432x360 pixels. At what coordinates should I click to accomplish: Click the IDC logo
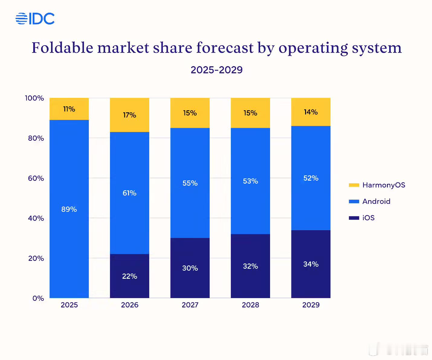pos(35,19)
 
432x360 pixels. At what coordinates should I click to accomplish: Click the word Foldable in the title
pos(63,48)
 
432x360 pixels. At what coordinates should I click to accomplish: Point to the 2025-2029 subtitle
pos(217,70)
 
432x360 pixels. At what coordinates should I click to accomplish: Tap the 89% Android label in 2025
pos(69,209)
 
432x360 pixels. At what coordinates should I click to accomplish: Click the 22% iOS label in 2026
pos(130,276)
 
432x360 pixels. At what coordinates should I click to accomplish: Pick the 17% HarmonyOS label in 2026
pos(130,115)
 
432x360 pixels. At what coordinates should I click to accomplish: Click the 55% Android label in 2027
pos(190,183)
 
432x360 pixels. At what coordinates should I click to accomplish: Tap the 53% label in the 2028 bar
pos(250,181)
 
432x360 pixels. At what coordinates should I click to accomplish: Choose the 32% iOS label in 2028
pos(250,266)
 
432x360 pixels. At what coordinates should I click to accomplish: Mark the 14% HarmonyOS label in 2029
pos(311,112)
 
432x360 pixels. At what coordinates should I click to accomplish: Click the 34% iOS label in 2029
pos(311,264)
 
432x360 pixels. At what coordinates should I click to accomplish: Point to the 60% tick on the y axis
pos(36,178)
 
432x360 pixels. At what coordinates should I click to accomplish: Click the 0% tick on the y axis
pos(38,298)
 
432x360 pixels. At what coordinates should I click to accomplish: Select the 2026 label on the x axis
pos(130,305)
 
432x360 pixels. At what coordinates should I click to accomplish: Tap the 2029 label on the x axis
pos(311,305)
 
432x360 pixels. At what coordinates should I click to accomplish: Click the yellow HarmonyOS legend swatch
pos(354,185)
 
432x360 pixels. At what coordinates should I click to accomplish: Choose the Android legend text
pos(376,201)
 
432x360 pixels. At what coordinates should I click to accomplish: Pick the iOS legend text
pos(369,218)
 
